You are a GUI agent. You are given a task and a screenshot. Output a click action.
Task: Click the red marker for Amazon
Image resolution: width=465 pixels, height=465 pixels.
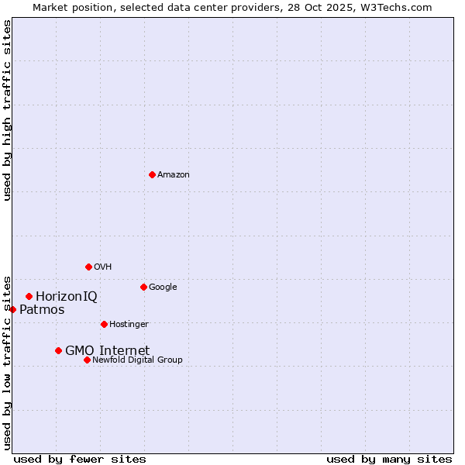coord(152,174)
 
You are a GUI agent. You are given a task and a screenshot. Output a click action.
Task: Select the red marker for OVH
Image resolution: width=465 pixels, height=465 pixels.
coord(88,267)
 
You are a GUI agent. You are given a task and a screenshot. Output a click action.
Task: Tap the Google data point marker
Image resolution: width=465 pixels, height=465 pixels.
coord(143,287)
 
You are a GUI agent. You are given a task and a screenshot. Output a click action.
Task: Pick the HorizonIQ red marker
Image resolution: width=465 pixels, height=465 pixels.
coord(29,296)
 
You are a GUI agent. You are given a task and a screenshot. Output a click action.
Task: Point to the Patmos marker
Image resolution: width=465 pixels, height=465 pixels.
coord(12,309)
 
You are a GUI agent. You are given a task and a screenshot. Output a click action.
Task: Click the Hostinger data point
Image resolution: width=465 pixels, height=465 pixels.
coord(104,324)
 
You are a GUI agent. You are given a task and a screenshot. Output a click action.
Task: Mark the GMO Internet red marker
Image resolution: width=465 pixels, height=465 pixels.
coord(58,350)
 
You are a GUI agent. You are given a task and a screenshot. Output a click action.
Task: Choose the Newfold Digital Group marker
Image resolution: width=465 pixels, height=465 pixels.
coord(87,360)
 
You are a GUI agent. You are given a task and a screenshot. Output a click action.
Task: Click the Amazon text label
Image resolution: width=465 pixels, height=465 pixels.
coord(174,175)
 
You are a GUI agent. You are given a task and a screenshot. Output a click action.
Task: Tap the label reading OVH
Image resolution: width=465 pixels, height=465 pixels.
coord(103,267)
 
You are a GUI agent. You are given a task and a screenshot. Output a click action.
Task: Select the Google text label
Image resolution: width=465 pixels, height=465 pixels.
coord(163,288)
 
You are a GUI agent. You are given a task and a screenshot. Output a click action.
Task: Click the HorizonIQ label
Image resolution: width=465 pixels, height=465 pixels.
coord(67,297)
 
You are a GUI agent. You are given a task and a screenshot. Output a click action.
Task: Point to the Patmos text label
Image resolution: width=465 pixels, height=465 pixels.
coord(42,310)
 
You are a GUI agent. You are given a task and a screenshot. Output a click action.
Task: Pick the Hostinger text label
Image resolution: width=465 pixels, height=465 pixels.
coord(129,325)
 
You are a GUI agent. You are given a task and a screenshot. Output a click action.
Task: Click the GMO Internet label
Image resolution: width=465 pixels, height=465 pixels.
coord(107,351)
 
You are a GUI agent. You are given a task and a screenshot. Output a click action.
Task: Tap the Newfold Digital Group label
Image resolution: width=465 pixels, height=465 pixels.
coord(137,360)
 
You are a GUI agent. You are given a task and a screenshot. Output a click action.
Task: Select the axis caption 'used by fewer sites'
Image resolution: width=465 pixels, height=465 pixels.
coord(80,459)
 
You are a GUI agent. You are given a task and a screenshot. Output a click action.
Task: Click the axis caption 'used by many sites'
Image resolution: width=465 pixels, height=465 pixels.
coord(389,459)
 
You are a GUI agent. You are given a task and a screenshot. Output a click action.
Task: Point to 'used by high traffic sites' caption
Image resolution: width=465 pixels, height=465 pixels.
coord(8,110)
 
